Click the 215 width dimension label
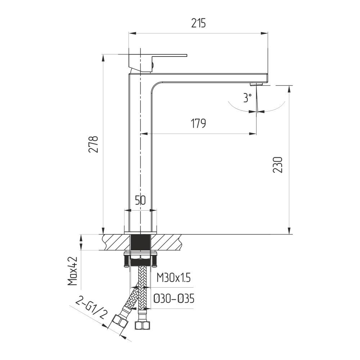point(198,23)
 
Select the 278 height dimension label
point(94,144)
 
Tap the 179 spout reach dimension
point(198,123)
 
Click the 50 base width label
point(140,201)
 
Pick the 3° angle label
point(247,98)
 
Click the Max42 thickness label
point(73,271)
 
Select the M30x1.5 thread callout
point(174,278)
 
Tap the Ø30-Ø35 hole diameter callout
point(174,299)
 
